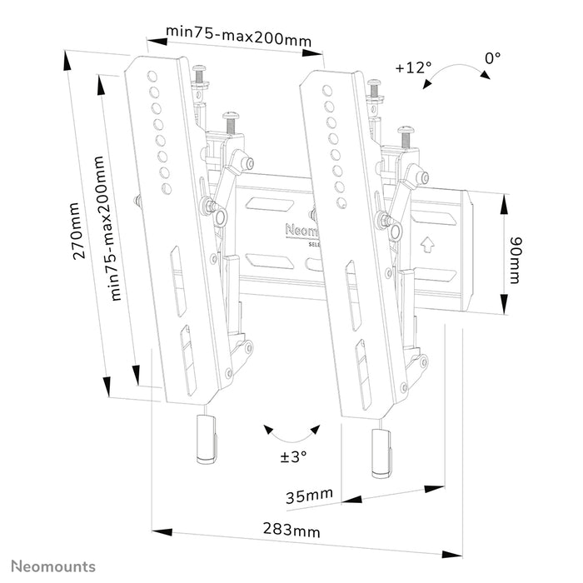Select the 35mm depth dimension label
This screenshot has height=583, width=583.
pos(308,496)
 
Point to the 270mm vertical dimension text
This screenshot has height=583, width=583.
pos(77,231)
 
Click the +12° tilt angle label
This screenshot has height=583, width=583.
pos(413,67)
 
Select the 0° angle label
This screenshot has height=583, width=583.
pos(493,58)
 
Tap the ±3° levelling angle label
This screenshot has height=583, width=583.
pos(292,456)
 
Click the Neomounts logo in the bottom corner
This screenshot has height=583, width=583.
pos(52,566)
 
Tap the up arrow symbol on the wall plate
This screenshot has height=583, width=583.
pos(427,245)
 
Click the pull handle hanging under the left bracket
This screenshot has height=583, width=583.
pos(203,439)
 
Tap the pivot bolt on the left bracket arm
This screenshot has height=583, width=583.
pos(222,217)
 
